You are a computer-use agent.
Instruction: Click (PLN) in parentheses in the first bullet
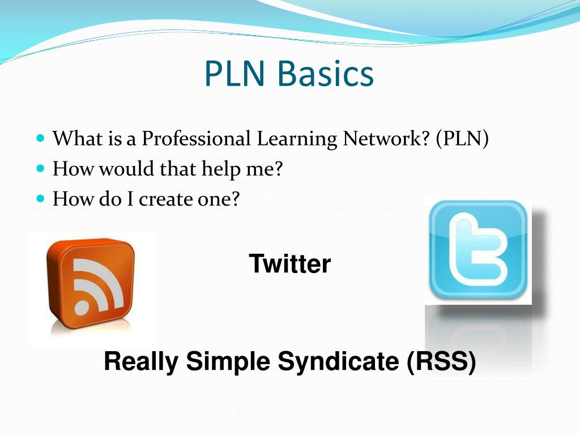tap(462, 139)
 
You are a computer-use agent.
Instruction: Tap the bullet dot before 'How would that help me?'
tap(40, 169)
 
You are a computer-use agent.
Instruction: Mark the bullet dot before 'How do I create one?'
tap(40, 199)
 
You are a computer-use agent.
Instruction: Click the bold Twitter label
tap(289, 264)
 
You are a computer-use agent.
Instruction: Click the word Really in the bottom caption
tap(141, 362)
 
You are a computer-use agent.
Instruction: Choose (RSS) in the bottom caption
tap(441, 362)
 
